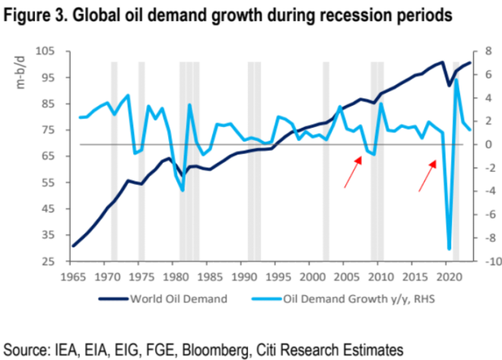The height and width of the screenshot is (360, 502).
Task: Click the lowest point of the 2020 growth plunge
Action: tap(450, 249)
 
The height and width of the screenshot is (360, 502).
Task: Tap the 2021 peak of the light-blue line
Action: tap(456, 80)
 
